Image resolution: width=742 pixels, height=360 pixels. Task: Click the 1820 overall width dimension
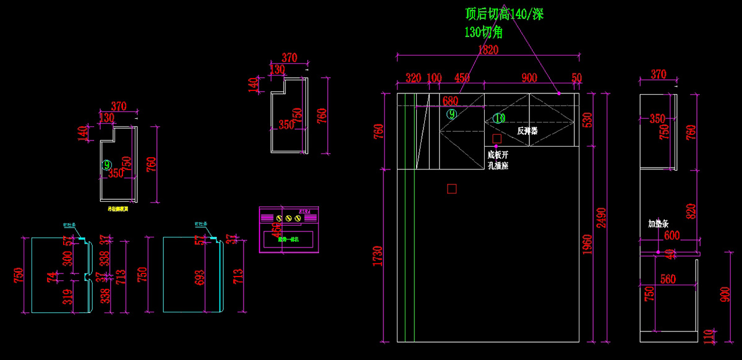coord(488,49)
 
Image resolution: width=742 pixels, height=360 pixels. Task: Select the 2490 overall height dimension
coord(603,216)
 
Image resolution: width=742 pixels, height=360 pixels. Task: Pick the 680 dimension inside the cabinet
coord(450,101)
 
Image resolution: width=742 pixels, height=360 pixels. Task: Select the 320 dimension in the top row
coord(413,78)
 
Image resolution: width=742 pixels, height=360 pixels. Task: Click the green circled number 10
coord(499,118)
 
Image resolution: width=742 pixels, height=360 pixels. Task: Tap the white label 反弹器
coord(527,131)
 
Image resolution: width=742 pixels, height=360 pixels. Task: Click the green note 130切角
coord(484,32)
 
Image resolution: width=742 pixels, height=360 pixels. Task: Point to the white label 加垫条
coord(659,223)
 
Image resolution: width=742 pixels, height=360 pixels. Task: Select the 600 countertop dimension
coord(672,235)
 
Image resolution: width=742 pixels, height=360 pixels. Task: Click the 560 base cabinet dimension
coord(668,279)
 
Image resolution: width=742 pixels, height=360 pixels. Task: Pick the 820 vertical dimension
coord(691,212)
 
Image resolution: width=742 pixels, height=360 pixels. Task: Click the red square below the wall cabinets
coord(452,189)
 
